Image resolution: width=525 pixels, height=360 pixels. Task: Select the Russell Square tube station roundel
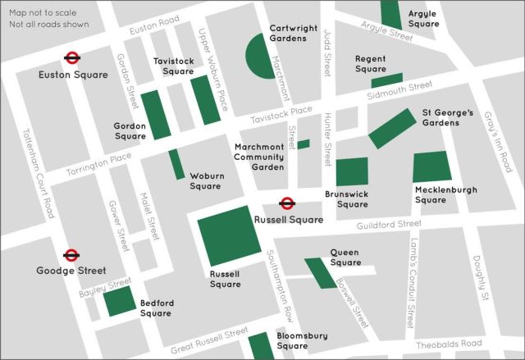tap(287, 203)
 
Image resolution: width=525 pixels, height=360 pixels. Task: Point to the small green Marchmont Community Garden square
tap(304, 144)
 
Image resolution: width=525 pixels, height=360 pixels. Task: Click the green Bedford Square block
tap(120, 301)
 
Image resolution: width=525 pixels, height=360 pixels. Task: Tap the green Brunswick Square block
tap(352, 172)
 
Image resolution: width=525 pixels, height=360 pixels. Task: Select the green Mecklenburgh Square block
tap(431, 166)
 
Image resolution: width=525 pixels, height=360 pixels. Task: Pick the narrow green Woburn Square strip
tap(177, 164)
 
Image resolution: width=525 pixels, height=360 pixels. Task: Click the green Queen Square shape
tap(320, 273)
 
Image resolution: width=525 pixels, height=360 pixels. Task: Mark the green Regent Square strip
tap(387, 80)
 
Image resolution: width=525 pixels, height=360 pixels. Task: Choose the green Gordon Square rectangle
tap(156, 115)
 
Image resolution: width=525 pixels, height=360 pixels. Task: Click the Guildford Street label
tap(389, 224)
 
